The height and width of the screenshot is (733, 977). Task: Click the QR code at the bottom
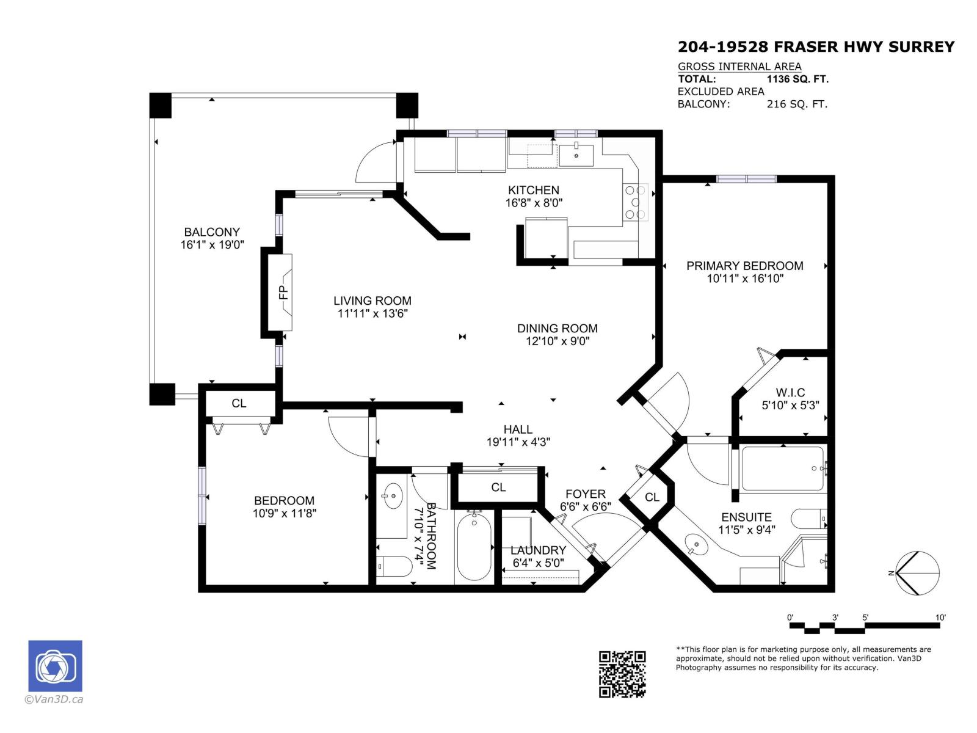coord(622,674)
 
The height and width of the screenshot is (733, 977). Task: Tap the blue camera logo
coord(55,666)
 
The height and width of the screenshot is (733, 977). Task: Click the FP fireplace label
coord(283,293)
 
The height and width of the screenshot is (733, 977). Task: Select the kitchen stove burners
coord(635,202)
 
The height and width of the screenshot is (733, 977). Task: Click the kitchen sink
coord(576,155)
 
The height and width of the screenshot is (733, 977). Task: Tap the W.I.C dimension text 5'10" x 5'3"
coord(790,405)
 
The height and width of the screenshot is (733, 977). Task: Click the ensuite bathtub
coord(782,469)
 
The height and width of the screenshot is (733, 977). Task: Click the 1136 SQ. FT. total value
coord(797,79)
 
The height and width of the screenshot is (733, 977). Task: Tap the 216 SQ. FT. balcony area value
coord(797,104)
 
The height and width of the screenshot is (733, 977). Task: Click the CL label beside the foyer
coord(652,497)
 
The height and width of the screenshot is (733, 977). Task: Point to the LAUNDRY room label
coord(538,550)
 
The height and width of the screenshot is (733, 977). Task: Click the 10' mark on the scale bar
coord(940,618)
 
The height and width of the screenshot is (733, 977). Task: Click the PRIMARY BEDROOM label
coord(744,266)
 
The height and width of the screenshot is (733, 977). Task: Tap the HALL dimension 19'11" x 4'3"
coord(518,442)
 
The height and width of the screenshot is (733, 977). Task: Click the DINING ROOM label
coord(557,328)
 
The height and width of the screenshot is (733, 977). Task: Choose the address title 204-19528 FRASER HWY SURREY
coord(816,47)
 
